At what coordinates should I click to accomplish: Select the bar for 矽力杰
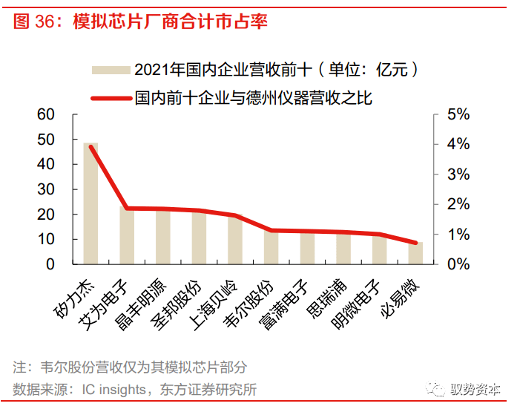tap(90, 203)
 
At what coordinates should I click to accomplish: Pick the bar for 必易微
tap(416, 253)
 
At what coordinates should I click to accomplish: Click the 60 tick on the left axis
tap(45, 114)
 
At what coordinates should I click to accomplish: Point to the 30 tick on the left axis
tap(45, 189)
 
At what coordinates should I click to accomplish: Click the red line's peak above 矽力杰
tap(91, 147)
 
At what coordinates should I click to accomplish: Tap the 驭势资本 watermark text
tap(478, 390)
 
